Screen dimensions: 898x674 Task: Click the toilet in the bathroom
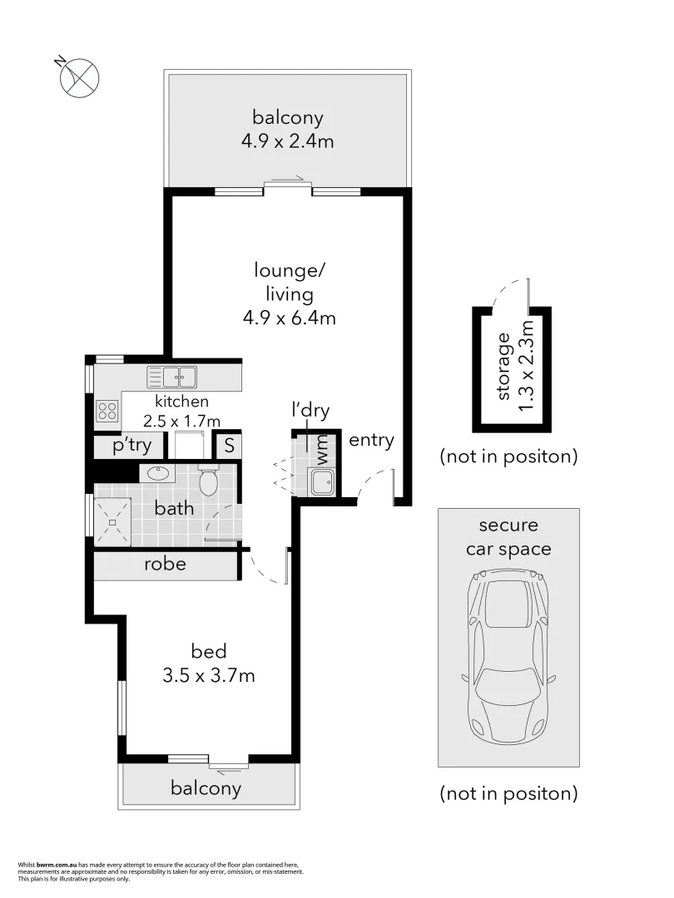click(x=208, y=481)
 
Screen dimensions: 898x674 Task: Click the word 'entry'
click(x=370, y=440)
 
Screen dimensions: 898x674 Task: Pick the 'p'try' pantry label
click(x=133, y=446)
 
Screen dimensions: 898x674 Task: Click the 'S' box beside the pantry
click(x=228, y=446)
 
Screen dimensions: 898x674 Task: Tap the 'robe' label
click(x=165, y=564)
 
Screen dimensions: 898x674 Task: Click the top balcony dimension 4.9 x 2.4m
click(x=288, y=141)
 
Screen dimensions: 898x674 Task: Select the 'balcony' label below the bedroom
click(x=206, y=788)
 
